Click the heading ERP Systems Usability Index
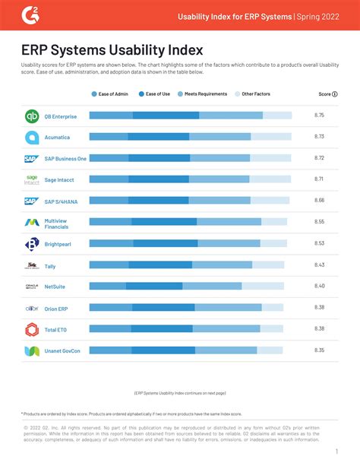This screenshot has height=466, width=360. pyautogui.click(x=112, y=51)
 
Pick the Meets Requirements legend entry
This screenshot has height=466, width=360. pyautogui.click(x=201, y=94)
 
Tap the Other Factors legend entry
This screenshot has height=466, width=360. pyautogui.click(x=254, y=94)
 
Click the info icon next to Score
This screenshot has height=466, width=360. pyautogui.click(x=335, y=94)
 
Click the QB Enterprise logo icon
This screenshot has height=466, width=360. pyautogui.click(x=32, y=116)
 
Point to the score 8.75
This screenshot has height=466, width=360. pyautogui.click(x=319, y=115)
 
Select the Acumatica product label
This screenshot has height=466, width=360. pyautogui.click(x=60, y=138)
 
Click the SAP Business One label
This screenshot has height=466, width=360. pyautogui.click(x=65, y=159)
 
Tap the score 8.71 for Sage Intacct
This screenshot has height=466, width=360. pyautogui.click(x=319, y=179)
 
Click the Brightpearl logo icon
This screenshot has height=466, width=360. pyautogui.click(x=32, y=244)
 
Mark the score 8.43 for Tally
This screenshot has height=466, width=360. pyautogui.click(x=319, y=265)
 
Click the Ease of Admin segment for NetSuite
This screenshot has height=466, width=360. pyautogui.click(x=107, y=287)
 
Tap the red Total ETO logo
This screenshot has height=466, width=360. pyautogui.click(x=32, y=329)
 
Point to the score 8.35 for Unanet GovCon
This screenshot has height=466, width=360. pyautogui.click(x=319, y=350)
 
